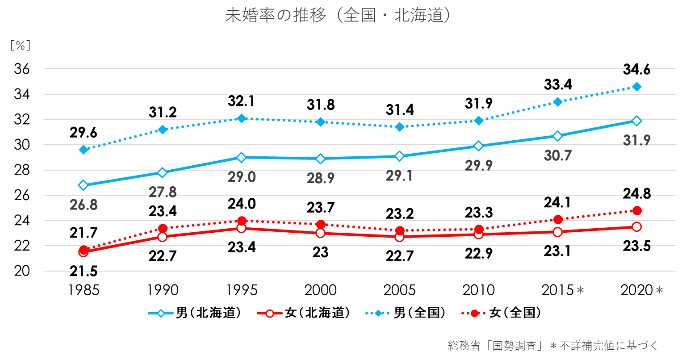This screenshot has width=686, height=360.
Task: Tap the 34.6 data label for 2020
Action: click(636, 70)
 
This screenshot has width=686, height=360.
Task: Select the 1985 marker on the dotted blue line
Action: click(84, 150)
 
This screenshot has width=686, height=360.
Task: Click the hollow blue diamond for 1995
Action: click(242, 157)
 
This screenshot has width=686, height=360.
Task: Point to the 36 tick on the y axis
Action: click(21, 69)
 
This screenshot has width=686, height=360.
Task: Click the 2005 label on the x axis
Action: click(399, 290)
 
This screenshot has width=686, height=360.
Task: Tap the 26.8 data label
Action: click(84, 205)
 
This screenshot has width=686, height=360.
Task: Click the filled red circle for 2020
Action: click(637, 210)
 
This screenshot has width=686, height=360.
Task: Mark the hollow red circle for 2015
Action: click(557, 232)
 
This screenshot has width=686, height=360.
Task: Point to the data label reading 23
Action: click(320, 252)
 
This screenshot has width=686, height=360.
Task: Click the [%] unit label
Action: click(21, 45)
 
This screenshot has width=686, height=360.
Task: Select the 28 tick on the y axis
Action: click(21, 170)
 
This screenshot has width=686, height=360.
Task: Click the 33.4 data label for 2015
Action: click(557, 84)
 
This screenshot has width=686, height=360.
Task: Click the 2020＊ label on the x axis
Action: click(641, 290)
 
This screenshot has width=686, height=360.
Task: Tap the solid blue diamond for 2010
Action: click(479, 121)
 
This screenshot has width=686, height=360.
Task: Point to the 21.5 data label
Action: click(84, 271)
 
